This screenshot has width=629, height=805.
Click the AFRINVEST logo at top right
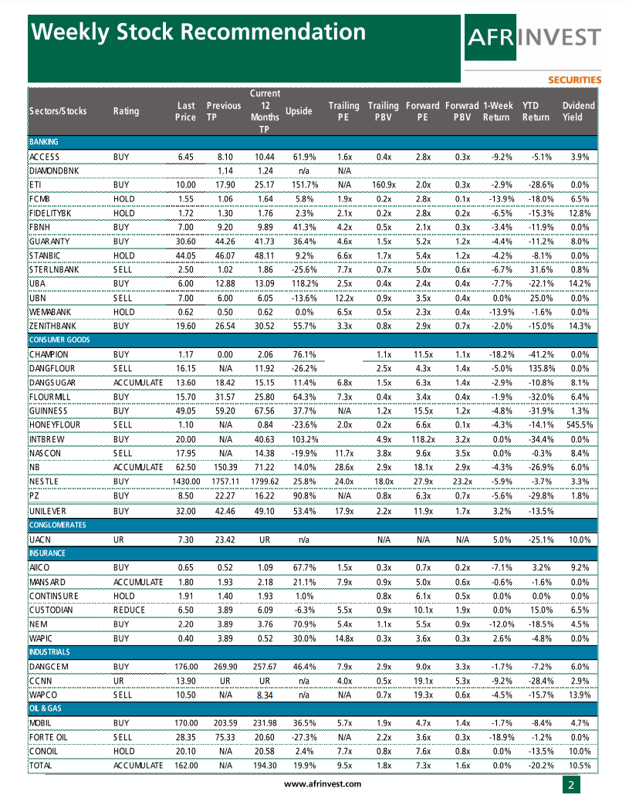pos(533,38)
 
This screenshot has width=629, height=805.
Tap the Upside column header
pos(299,111)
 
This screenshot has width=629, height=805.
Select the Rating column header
pos(126,111)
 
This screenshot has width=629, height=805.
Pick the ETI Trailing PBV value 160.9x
pos(383,185)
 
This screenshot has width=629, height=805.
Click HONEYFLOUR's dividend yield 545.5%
pos(574,425)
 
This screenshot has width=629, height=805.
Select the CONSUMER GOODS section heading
pos(59,340)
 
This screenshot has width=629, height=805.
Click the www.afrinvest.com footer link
pos(323,784)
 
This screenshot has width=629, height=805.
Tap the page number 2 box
pos(571,785)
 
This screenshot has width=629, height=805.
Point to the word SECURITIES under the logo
pos(574,79)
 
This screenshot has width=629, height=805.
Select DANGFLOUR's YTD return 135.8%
pos(535,369)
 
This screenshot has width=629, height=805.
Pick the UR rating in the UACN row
pos(119,539)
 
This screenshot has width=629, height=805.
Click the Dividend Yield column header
pos(578,111)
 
